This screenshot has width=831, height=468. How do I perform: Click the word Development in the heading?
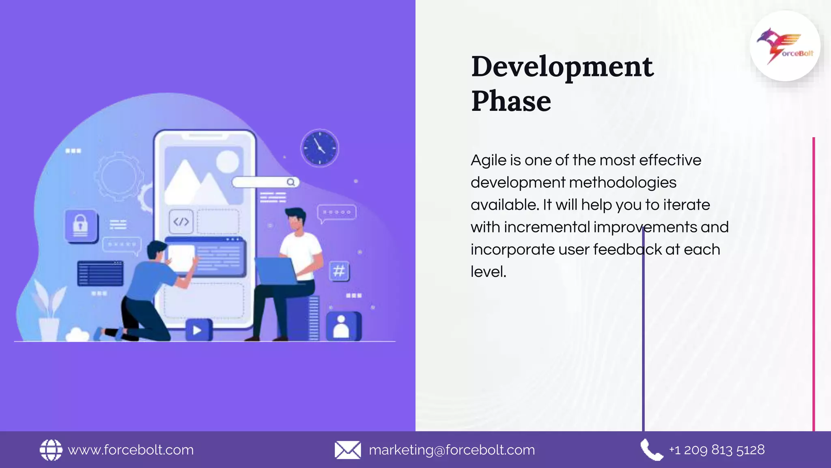click(562, 67)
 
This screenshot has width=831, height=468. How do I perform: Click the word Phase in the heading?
click(511, 102)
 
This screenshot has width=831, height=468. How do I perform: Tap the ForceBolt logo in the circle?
click(785, 46)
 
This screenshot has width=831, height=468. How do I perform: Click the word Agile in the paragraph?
click(488, 160)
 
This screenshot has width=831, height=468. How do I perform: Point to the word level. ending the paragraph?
click(488, 272)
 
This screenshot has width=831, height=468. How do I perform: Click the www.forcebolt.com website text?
click(131, 450)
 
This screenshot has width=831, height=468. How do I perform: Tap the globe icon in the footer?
click(51, 450)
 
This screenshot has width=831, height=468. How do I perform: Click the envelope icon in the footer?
click(347, 450)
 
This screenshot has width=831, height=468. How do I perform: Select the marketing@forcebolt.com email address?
click(452, 450)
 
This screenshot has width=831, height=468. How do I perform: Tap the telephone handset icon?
click(651, 450)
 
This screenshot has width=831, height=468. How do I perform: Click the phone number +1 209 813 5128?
click(717, 450)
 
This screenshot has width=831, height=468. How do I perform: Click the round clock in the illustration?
click(319, 148)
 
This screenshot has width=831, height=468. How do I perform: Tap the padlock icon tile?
click(81, 225)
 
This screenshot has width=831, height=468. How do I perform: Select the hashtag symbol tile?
click(339, 271)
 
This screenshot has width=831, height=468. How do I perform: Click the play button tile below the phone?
click(198, 330)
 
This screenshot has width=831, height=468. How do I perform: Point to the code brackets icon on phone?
click(181, 222)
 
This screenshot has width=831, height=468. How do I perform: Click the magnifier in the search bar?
click(291, 182)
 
